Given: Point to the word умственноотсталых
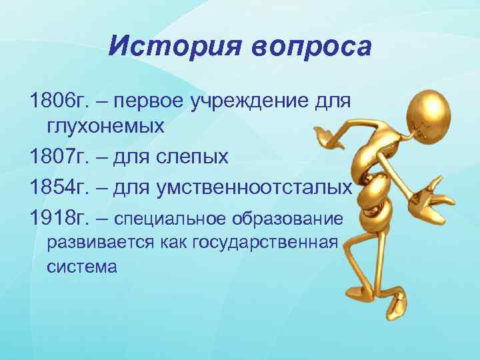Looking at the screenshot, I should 253,188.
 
